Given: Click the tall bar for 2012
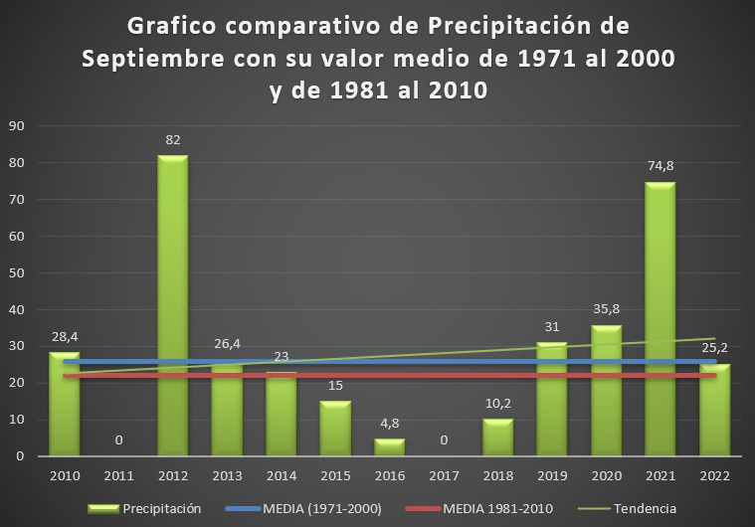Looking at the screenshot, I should pos(173,298).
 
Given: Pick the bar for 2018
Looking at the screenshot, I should pos(498,438).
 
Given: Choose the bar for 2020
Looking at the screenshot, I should pos(607,398).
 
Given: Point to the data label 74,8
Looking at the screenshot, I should pos(661,166).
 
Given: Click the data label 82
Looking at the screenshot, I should pos(173,140).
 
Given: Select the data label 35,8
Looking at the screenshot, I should pos(607,309).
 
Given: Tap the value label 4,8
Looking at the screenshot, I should pos(390,424).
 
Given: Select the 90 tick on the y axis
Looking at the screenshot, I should pos(16,125).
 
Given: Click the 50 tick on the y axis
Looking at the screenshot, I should pos(16,272).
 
